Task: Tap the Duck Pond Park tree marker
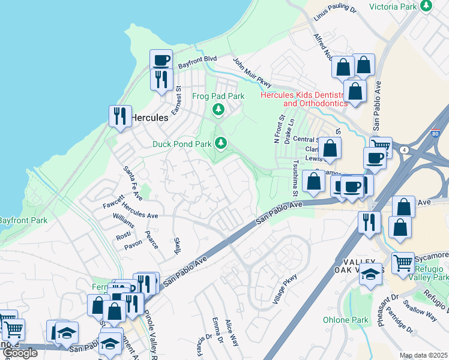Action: point(221,143)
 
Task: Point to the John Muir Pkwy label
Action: point(252,73)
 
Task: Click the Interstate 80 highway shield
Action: point(436,131)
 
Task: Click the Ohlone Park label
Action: point(346,320)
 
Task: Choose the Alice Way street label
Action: point(232,333)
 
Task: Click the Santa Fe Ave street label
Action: point(133,184)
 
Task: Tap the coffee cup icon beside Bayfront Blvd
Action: point(161,60)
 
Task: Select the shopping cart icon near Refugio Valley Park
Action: point(403,262)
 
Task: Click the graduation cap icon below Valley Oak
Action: point(372,274)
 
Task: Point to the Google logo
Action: point(19,353)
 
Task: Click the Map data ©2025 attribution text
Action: point(423,356)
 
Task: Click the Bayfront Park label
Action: point(24,221)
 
